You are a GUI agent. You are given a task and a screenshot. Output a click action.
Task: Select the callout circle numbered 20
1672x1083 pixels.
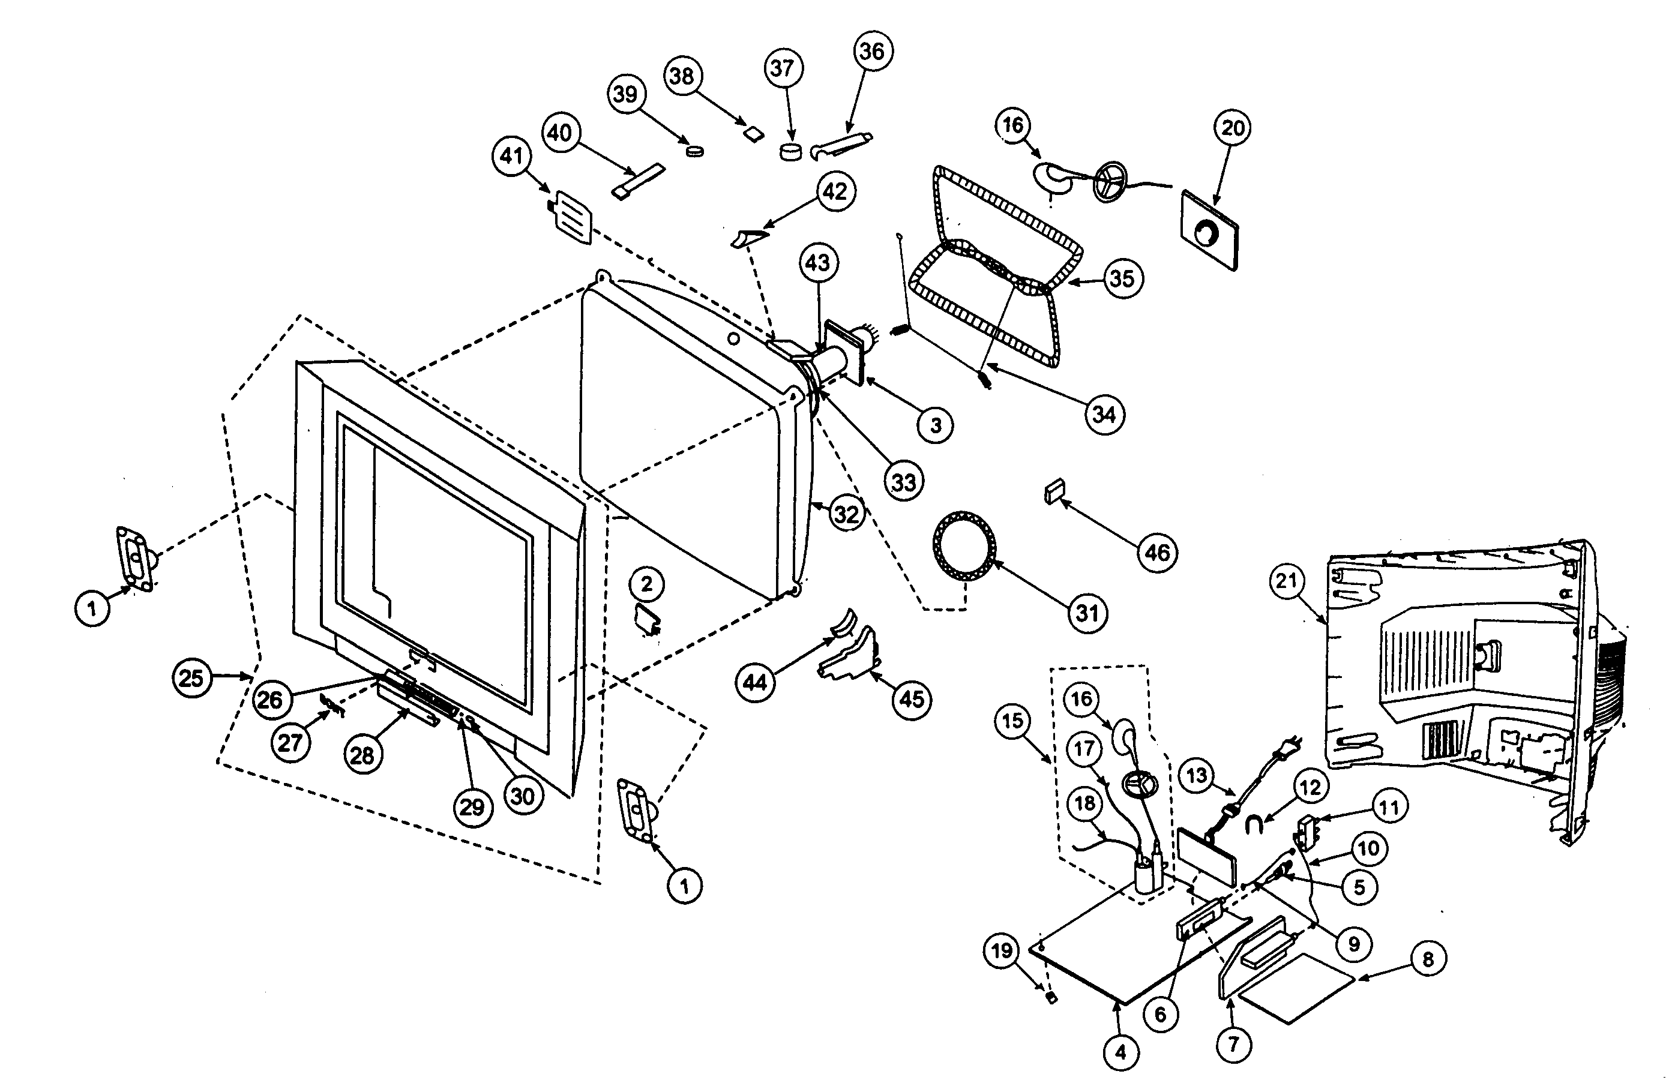coord(1233,128)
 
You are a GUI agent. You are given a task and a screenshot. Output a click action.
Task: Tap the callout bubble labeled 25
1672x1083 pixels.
coord(191,678)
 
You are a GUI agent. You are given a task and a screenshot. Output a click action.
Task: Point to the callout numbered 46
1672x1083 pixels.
coord(1157,552)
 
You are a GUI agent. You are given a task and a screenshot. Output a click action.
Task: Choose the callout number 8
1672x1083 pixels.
coord(1428,959)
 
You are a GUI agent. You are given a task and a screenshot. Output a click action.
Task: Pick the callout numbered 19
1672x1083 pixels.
coord(1001,951)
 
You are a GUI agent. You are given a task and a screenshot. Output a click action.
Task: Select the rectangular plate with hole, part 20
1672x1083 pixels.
coord(1210,230)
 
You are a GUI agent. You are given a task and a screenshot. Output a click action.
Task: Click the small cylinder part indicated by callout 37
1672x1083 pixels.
coord(790,152)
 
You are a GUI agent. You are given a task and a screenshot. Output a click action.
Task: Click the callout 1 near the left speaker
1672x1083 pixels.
coord(92,608)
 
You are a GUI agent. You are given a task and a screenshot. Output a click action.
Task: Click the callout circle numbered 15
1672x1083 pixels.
coord(1012,721)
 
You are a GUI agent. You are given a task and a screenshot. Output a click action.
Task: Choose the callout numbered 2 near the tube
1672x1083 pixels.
coord(646,583)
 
